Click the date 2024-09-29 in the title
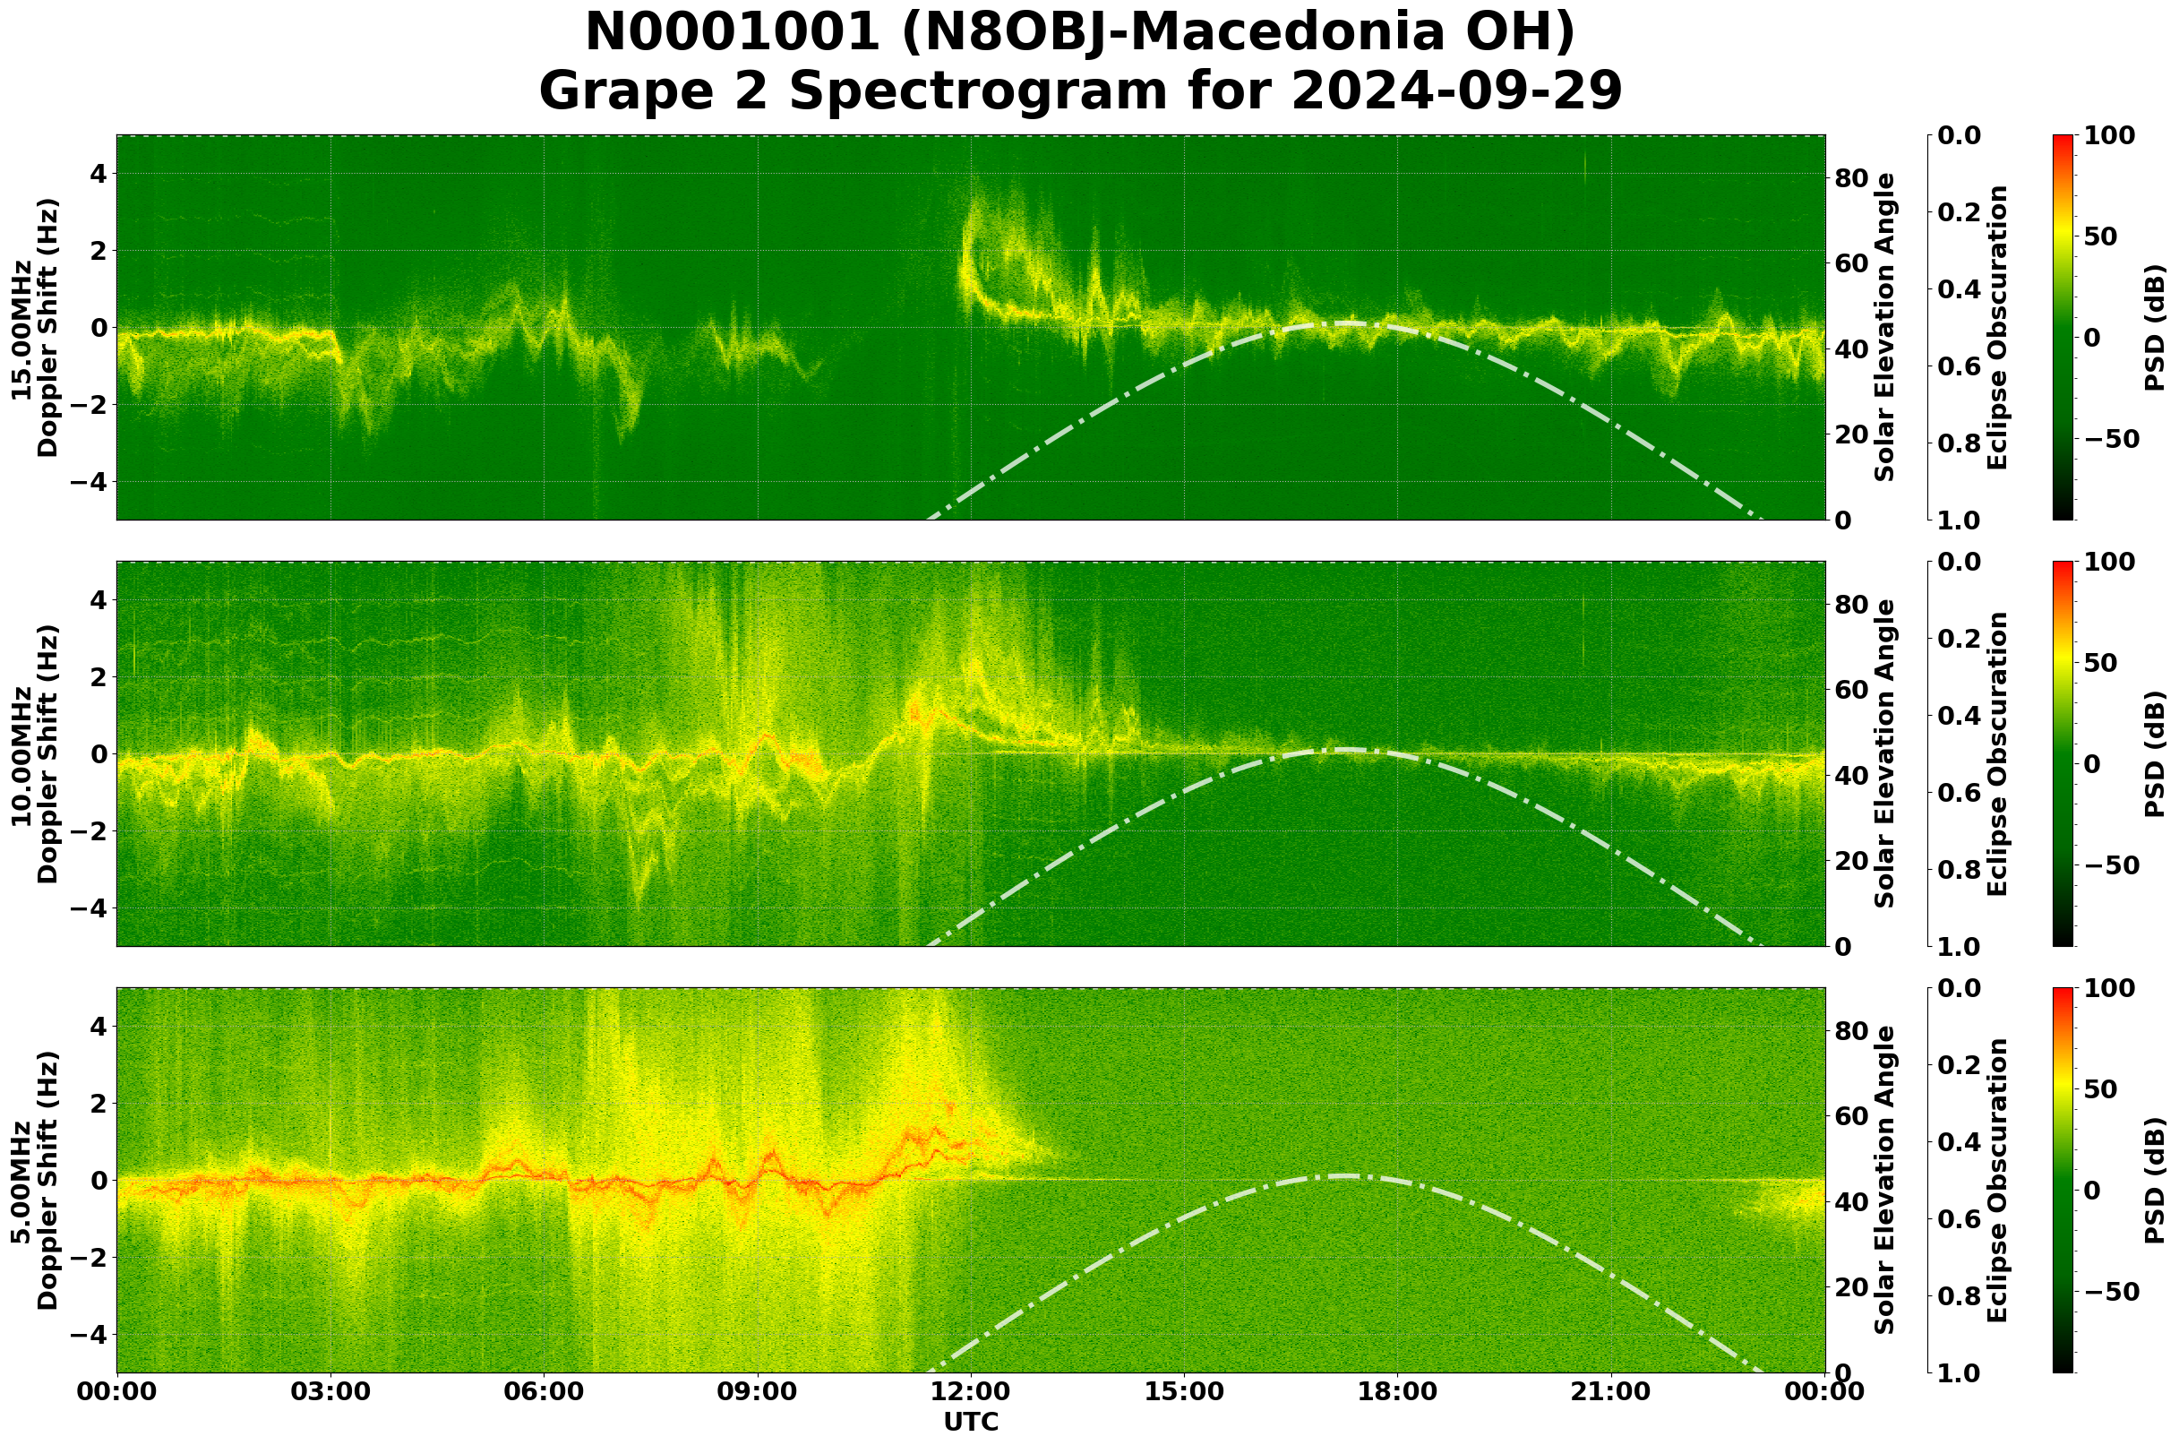[1456, 92]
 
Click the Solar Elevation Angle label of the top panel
[1885, 327]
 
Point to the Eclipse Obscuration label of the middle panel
[1996, 753]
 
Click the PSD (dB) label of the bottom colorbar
[2154, 1181]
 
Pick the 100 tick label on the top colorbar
[2109, 135]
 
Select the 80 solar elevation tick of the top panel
[1851, 178]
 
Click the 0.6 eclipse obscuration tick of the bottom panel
[1964, 1219]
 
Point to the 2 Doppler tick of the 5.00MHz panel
[99, 1104]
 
